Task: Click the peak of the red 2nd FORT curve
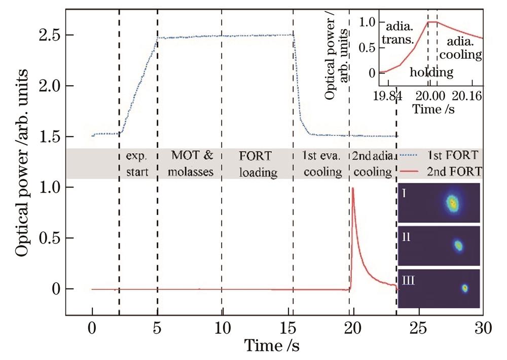click(x=352, y=188)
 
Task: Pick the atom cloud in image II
click(x=458, y=245)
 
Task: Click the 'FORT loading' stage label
click(x=258, y=164)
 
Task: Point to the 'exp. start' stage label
click(x=137, y=164)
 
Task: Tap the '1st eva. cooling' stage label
click(x=322, y=164)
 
